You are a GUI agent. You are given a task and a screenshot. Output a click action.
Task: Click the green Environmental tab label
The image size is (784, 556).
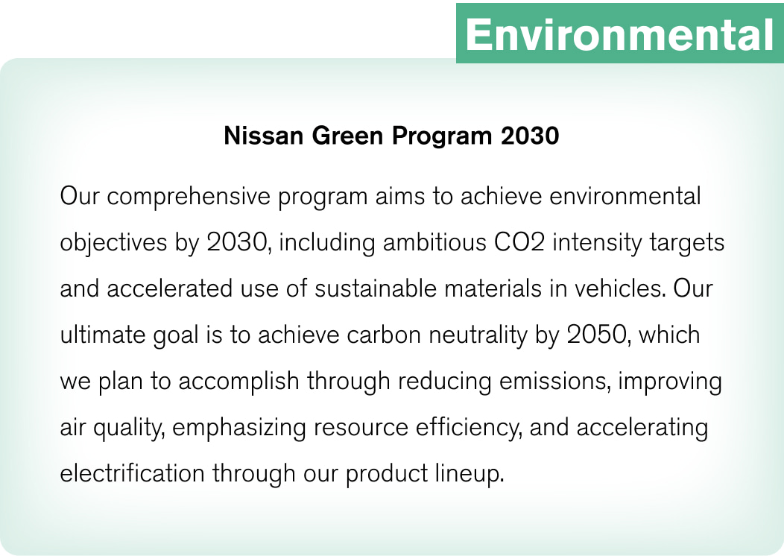click(x=619, y=33)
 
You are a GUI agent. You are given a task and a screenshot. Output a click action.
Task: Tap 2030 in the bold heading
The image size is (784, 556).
click(x=529, y=137)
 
